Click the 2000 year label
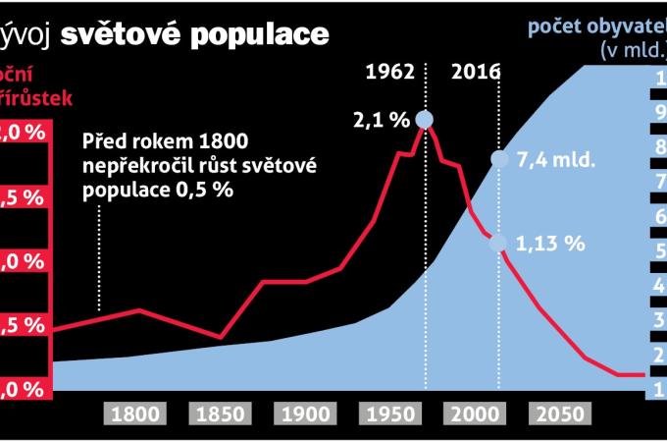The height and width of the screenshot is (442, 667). [475, 414]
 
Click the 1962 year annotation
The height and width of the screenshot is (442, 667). [390, 73]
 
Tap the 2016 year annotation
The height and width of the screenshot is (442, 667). [476, 73]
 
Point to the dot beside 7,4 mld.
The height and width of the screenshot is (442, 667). [499, 159]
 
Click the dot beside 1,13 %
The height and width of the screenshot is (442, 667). [499, 245]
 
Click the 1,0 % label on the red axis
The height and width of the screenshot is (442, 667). [25, 261]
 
